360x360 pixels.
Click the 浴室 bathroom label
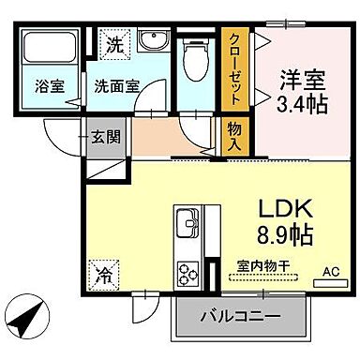pos(48,84)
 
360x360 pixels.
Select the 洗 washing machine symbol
pos(112,43)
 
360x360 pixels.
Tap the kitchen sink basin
pos(185,225)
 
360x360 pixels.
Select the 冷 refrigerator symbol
pos(101,277)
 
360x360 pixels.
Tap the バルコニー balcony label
pos(240,317)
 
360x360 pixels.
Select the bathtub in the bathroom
pos(47,52)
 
